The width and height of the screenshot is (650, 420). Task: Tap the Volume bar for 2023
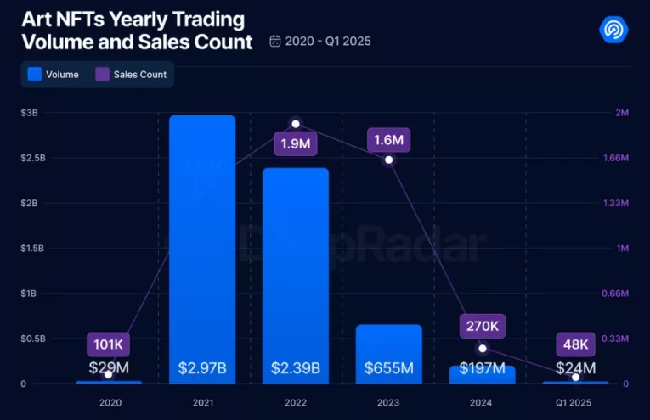point(388,339)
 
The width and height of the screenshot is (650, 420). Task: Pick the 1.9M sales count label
point(295,143)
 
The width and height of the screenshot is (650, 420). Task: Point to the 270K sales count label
point(483,325)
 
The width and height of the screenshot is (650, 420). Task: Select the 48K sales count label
point(576,344)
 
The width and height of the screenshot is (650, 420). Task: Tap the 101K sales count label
point(108,344)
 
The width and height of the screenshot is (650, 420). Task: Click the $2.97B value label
point(201,368)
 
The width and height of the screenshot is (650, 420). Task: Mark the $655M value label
point(388,368)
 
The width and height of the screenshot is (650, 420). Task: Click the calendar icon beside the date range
point(274,41)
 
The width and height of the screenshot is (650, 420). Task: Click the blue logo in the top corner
point(613,30)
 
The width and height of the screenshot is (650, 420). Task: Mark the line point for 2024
point(483,348)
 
